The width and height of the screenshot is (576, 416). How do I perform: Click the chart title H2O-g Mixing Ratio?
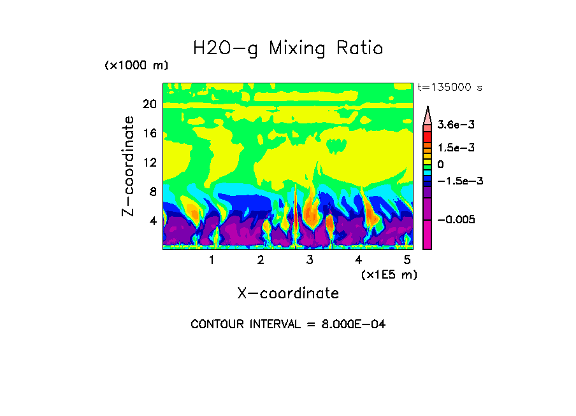pos(288,48)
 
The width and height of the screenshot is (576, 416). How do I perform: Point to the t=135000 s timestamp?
pos(449,87)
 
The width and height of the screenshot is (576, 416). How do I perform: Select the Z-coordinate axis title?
pos(129,166)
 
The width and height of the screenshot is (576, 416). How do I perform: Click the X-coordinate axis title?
pos(288,293)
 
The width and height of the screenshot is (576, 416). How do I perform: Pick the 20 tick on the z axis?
pos(149,104)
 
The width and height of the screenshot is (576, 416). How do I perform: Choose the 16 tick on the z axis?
pos(149,134)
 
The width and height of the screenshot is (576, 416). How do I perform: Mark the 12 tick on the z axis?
pos(149,162)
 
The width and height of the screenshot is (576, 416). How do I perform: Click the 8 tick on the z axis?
pos(152,191)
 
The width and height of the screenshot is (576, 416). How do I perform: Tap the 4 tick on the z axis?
pos(152,221)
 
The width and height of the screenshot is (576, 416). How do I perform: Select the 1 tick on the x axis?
pos(212,260)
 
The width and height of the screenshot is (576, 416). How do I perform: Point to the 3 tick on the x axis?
pos(310,260)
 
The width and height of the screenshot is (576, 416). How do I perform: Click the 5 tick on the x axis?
pos(407,260)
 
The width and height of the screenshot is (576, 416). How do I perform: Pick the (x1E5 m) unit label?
pos(389,274)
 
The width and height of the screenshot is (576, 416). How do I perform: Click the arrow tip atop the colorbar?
pos(428,109)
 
